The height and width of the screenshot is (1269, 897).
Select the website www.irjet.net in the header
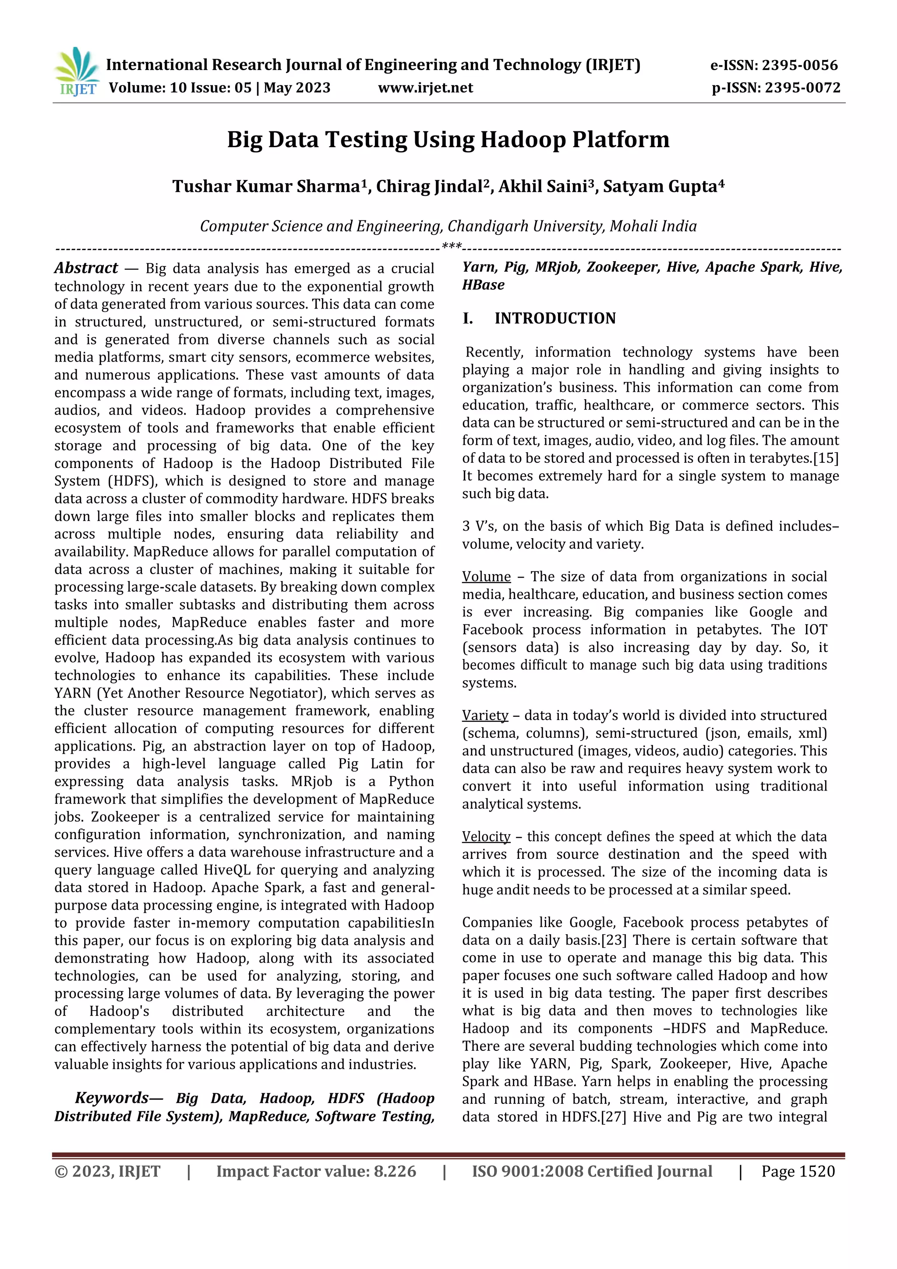click(x=425, y=88)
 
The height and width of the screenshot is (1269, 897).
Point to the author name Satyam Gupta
click(x=660, y=187)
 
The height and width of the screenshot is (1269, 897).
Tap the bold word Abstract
click(x=86, y=268)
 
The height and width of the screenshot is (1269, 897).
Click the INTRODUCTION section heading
click(x=554, y=319)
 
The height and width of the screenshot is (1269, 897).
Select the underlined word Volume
click(x=486, y=577)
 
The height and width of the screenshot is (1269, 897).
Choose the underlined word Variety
click(x=485, y=715)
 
